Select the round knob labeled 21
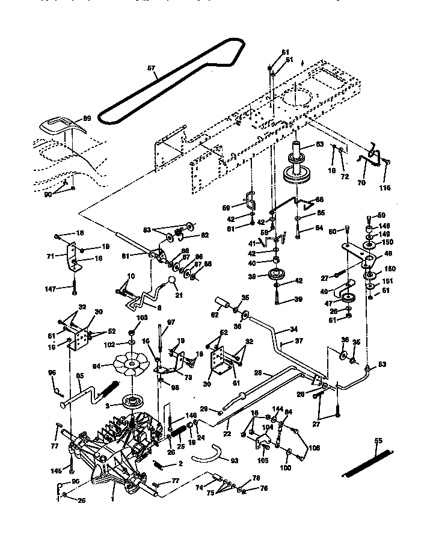[x=171, y=281]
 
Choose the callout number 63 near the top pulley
[x=319, y=144]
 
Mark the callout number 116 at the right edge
[x=385, y=188]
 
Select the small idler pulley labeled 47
[x=347, y=298]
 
